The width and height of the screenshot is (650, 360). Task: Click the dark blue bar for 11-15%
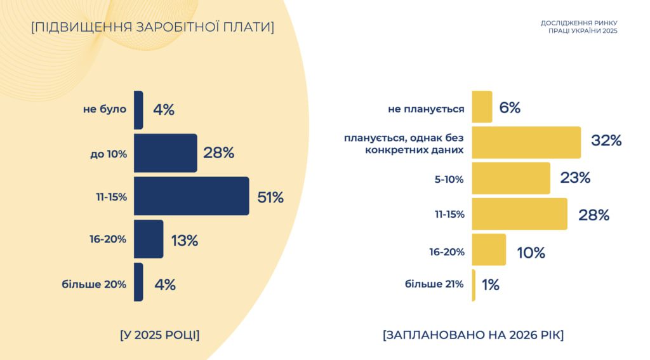coord(191,196)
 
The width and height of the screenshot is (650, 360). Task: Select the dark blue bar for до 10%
coord(165,153)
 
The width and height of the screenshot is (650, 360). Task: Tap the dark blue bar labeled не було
coord(138,110)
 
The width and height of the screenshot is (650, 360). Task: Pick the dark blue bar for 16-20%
coord(149,239)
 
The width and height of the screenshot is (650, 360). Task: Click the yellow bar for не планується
coord(482,107)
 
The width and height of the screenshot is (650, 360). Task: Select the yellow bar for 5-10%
coord(511,178)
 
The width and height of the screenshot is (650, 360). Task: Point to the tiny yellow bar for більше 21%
coord(474,285)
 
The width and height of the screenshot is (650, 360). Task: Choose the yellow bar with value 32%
coord(526,142)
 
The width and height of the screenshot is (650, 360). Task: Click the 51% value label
coord(270,197)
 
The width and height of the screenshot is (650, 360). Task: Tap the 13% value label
coord(185,241)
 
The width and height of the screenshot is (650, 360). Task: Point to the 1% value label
coord(491,285)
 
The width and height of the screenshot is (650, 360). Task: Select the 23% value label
coord(575,178)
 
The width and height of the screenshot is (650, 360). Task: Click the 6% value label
coord(510,108)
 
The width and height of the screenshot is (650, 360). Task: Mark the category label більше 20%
coord(94,284)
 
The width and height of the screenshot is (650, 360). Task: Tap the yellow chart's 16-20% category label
coord(447,252)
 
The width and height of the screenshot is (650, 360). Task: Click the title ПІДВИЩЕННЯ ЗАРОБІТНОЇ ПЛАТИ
coord(152,27)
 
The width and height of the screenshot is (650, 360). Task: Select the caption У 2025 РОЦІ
coord(159,335)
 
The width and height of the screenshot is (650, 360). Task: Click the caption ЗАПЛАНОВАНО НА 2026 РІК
coord(473,335)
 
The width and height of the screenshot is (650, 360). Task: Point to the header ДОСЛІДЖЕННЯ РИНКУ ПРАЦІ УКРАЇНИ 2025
coord(578,27)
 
